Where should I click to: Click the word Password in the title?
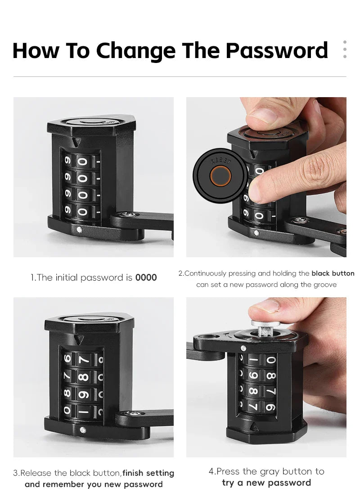coord(277,50)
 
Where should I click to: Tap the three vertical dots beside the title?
coord(345,49)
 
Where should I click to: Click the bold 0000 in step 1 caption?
coord(146,277)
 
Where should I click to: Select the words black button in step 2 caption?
coord(333,273)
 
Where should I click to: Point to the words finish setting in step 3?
coord(148,473)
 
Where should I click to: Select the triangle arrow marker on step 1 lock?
coord(76,142)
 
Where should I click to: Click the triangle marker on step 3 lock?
coord(79,340)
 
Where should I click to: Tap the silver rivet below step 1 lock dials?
coord(79,229)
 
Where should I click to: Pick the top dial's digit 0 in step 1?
coord(82,161)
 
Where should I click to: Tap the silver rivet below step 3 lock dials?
coord(82,430)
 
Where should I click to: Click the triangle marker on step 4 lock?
coord(254,426)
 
